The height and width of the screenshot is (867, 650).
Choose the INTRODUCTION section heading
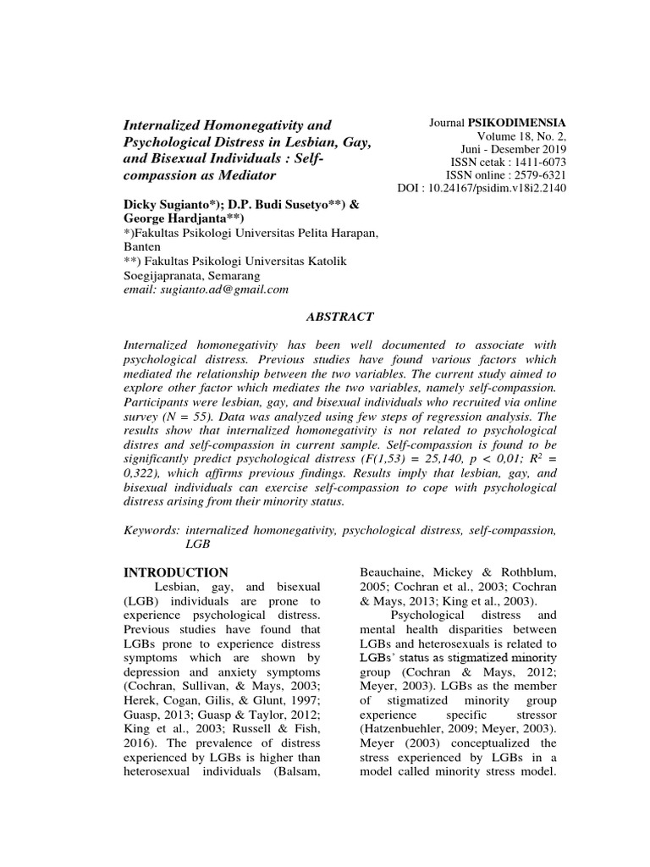point(176,572)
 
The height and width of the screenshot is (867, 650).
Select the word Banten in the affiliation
point(143,246)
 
